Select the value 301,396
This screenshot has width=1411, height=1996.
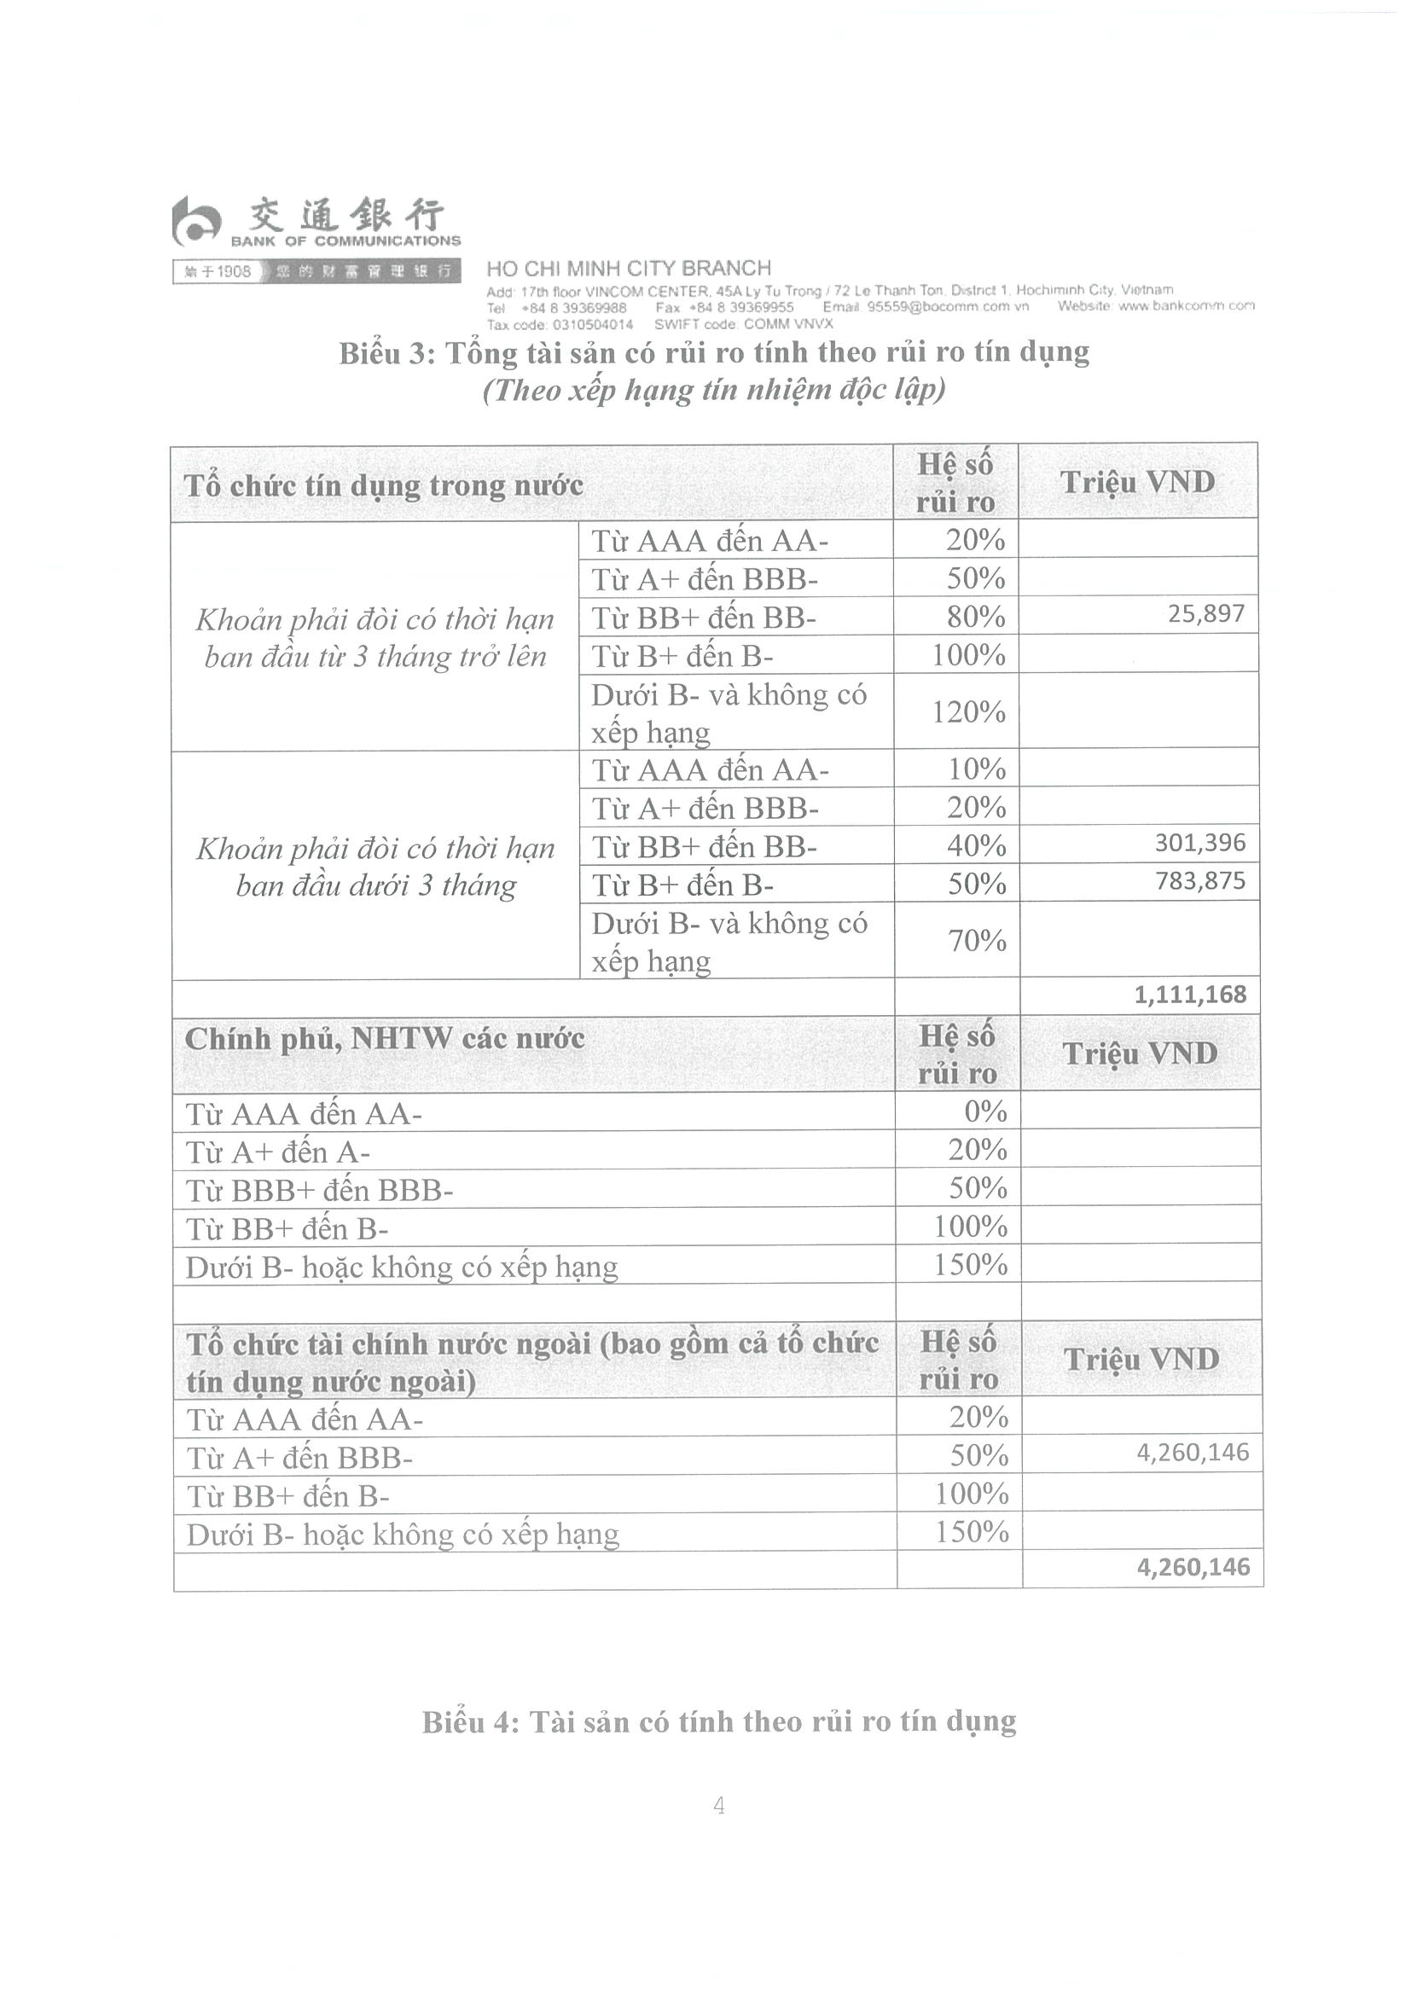coord(1199,843)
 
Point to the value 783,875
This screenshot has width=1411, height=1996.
coord(1199,881)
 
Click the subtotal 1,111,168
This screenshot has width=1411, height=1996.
coord(1189,995)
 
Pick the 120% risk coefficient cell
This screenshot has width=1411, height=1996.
coord(968,712)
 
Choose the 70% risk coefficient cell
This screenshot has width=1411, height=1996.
coord(976,941)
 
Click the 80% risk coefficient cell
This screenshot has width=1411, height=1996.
coord(975,617)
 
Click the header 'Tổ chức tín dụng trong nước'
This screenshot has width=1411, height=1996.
coord(383,485)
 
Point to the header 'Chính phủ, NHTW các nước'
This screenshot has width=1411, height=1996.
coord(384,1039)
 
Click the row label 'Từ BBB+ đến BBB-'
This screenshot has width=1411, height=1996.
coord(319,1190)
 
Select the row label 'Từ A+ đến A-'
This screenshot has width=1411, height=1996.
coord(277,1152)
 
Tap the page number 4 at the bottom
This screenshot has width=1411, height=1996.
coord(719,1807)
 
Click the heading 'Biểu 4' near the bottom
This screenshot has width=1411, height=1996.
coord(719,1721)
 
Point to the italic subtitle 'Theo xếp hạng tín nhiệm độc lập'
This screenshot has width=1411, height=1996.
coord(714,391)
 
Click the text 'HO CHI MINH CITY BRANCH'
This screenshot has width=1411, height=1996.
coord(629,269)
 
